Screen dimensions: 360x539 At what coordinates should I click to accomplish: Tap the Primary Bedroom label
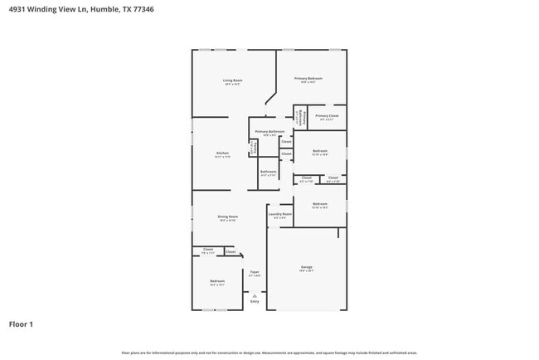310,78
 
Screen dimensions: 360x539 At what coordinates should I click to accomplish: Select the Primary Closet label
328,116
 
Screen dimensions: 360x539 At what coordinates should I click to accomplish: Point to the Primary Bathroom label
269,131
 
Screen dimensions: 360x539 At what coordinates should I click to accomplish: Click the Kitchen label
222,153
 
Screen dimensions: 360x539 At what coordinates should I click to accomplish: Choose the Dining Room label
228,216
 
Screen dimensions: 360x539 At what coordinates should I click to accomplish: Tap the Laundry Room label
280,214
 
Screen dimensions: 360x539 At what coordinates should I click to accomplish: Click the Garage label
307,266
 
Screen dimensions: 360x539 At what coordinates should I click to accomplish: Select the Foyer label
255,271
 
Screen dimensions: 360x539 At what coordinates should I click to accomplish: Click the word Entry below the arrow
255,301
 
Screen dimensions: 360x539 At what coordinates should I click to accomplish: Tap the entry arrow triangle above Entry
255,295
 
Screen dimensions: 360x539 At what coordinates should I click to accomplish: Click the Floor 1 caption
21,324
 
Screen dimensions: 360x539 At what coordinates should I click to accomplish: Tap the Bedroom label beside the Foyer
217,281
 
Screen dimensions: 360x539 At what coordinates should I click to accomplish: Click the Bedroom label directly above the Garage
320,203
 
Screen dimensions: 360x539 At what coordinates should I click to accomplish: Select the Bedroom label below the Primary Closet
320,150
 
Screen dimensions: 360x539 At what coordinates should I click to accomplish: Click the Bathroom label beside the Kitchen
268,172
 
